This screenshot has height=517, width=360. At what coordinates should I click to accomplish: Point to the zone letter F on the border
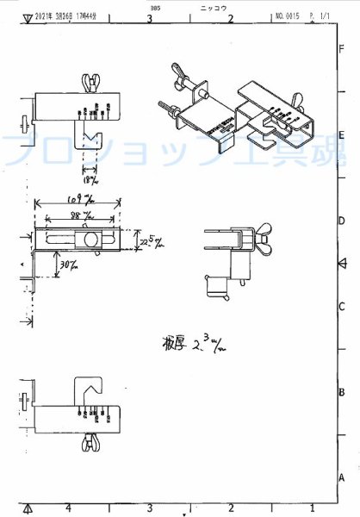(342, 49)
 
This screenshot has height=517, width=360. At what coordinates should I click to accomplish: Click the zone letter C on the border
(342, 307)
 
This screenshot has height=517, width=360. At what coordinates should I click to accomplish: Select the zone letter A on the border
(342, 477)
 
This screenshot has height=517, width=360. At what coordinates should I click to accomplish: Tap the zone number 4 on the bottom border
(68, 508)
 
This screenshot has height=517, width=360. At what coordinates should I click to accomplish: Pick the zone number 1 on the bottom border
(311, 508)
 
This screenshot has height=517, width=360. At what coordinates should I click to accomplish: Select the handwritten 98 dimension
(81, 215)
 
